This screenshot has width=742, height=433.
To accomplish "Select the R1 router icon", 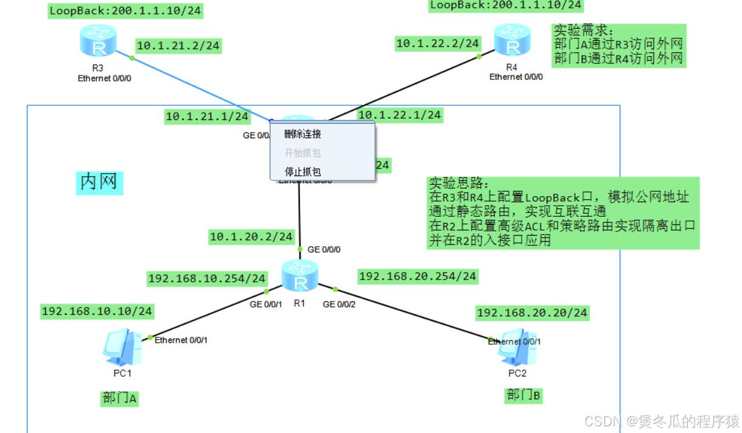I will pos(300,275).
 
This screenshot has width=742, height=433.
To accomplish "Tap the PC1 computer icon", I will pos(122,347).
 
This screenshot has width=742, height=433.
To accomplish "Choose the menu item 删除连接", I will pos(303,134).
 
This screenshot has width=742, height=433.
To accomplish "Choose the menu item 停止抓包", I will pos(303,172).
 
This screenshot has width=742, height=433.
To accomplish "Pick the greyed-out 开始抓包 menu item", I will pos(303,153).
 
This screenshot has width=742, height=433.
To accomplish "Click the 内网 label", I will pos(99,181).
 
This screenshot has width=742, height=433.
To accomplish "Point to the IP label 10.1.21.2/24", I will pos(178,45).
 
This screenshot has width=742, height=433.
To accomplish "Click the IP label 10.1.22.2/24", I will pos(438,43).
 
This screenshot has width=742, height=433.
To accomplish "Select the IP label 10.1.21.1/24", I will pos(207,116).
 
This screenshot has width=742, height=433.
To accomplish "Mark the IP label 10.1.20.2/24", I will pos(251,236).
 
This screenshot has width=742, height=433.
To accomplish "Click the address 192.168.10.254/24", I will pos(207,278).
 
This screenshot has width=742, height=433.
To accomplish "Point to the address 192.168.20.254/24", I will pos(418,276).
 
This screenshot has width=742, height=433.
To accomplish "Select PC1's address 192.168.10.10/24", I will pos(97,311).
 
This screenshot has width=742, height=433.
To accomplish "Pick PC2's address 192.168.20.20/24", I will pos(532,313).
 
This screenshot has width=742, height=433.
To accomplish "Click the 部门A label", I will pos(120,398).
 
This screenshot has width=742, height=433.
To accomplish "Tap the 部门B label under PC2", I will pos(523,395).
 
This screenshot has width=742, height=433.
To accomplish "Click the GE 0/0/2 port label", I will pos(339,304).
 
